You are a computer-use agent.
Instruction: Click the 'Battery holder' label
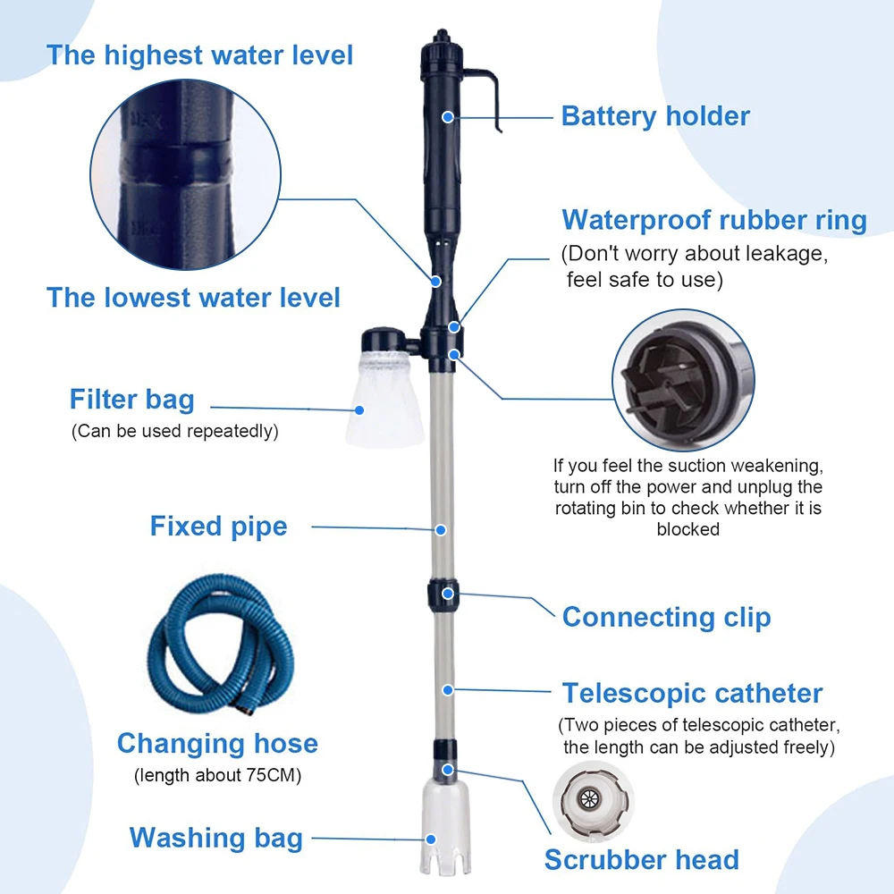point(655,116)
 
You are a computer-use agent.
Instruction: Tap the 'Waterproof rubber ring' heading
point(713,220)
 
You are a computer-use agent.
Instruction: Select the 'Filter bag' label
point(131,399)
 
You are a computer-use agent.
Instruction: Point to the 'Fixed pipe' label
point(218,527)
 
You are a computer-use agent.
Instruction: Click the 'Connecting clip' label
point(667,618)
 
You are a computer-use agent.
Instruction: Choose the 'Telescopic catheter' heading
point(692,694)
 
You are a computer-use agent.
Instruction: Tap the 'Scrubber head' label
point(641,860)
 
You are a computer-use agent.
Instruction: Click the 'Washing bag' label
point(216,839)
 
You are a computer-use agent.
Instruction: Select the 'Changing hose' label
point(217,744)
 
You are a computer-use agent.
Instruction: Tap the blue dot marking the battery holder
point(448,117)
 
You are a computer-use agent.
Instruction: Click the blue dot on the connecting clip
point(448,594)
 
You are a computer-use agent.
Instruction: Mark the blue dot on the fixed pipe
point(441,529)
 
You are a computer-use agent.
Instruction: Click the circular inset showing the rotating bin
point(683,380)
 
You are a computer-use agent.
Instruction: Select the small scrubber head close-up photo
point(593,802)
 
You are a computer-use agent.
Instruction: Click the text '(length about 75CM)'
point(217,775)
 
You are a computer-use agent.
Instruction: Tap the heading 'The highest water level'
point(199,55)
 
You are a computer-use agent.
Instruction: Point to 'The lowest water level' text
point(193,298)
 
